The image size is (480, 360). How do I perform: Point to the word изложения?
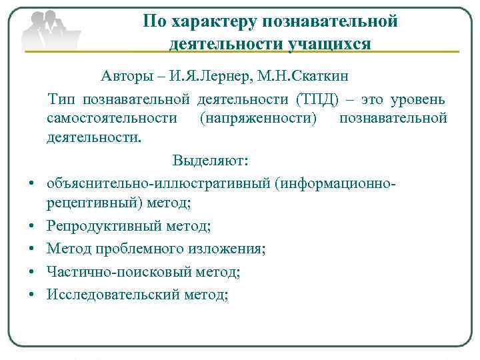click(227, 249)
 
